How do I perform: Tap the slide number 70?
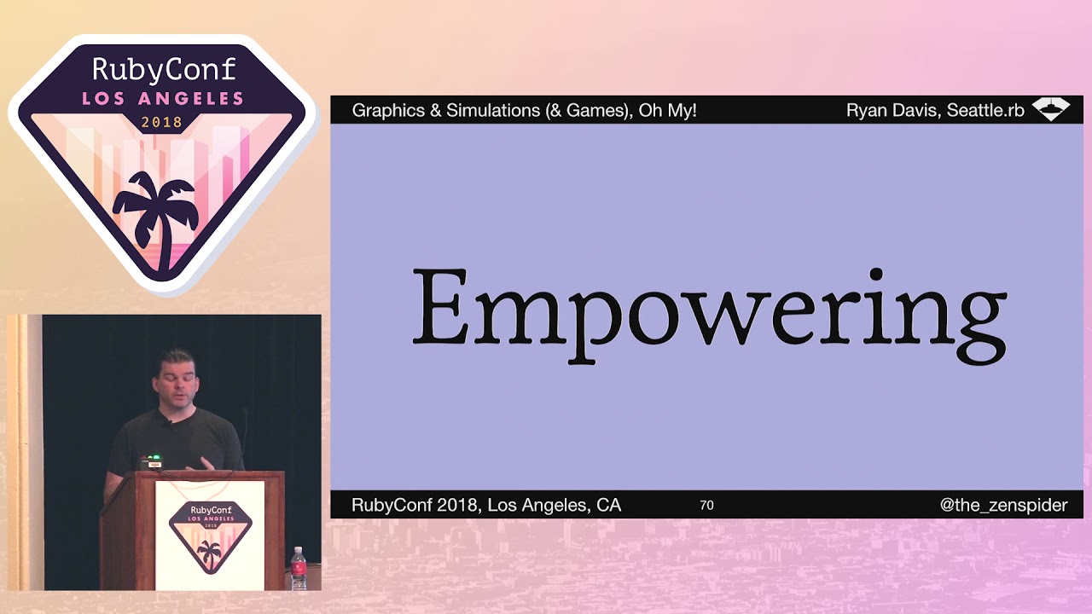706,505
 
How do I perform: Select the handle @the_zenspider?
1003,505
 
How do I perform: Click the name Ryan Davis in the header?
886,110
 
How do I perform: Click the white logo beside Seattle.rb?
1050,109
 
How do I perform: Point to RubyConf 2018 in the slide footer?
415,505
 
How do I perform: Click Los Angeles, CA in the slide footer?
555,505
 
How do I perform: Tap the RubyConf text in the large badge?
163,70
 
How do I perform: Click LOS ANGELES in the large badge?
163,98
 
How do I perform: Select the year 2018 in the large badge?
162,122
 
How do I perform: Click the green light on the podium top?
154,457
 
